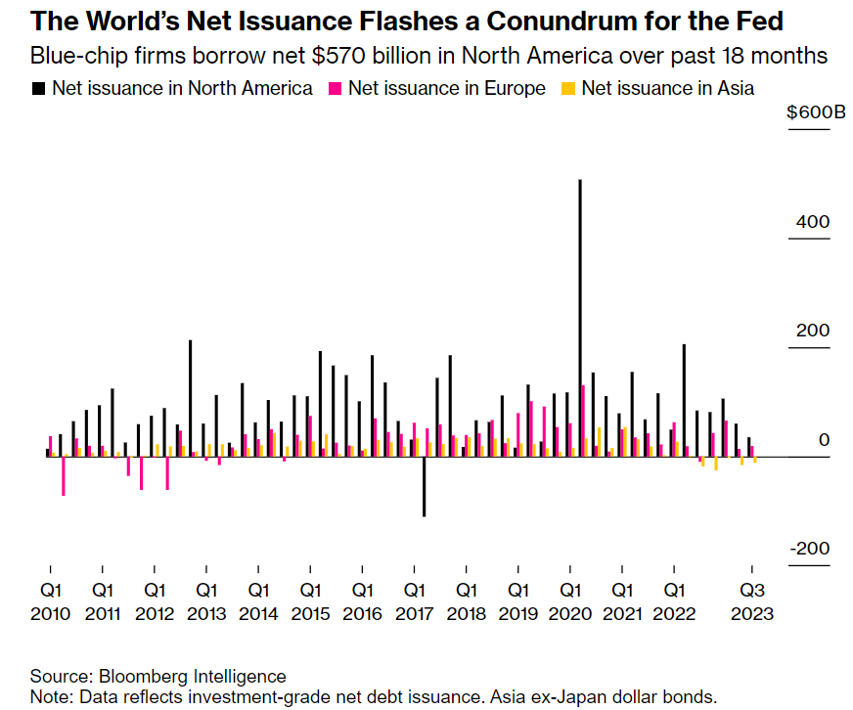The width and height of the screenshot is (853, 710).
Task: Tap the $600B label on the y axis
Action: pos(816,111)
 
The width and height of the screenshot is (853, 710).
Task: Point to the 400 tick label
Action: pos(812,222)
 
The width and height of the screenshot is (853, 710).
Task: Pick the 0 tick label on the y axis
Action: pos(824,440)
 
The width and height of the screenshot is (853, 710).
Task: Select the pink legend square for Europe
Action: pos(335,88)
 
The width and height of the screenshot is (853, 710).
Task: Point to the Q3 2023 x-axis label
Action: pos(752,601)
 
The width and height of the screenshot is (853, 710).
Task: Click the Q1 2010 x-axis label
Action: pos(50,601)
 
